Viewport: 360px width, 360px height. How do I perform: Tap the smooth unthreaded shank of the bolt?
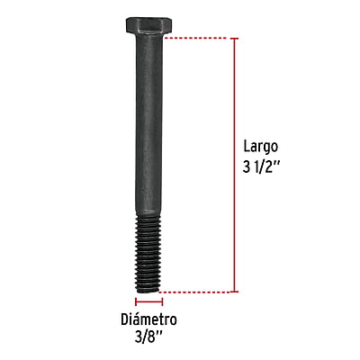click(x=148, y=135)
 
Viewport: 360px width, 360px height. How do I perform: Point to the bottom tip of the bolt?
click(x=148, y=290)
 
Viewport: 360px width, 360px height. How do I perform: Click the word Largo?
click(x=262, y=145)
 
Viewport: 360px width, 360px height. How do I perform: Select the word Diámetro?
click(x=148, y=320)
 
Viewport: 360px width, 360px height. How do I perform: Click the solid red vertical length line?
click(x=236, y=162)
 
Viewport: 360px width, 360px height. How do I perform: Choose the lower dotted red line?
click(x=198, y=292)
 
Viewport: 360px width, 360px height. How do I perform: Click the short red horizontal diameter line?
click(x=148, y=303)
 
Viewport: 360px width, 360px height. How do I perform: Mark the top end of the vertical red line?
click(x=236, y=39)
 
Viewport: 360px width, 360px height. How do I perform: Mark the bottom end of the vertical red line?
click(x=236, y=292)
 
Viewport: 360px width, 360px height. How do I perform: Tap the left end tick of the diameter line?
click(x=136, y=303)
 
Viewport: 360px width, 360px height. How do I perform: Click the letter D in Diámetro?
click(x=124, y=320)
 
